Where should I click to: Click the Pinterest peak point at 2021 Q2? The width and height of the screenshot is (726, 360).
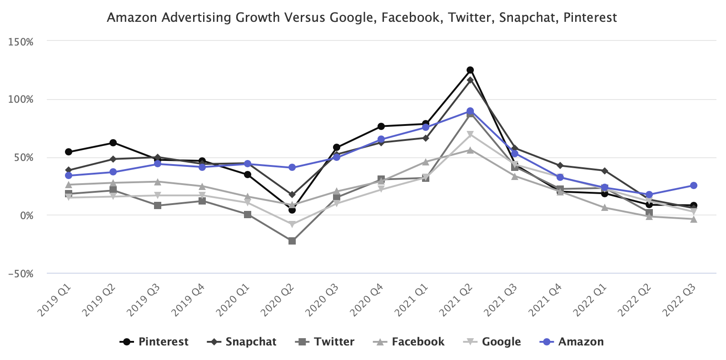(470, 70)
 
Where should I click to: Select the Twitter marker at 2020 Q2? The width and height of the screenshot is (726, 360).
(292, 241)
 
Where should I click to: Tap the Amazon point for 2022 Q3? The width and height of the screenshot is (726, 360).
(694, 185)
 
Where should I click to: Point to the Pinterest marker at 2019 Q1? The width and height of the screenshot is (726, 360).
(69, 152)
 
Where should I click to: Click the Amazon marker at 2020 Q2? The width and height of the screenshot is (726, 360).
(292, 167)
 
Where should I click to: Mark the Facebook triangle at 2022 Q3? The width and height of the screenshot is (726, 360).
(694, 219)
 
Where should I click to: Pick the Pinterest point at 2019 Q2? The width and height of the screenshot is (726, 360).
(113, 143)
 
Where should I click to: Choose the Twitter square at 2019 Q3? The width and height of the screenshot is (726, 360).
(158, 205)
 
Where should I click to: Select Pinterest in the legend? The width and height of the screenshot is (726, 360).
(154, 342)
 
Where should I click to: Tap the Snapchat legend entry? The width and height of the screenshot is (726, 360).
(242, 342)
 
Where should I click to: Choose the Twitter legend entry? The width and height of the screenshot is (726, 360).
(325, 342)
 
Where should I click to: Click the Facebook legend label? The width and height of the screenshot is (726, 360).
(409, 342)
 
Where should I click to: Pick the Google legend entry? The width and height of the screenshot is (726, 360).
(493, 342)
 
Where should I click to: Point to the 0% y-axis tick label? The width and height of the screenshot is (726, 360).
(27, 215)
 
